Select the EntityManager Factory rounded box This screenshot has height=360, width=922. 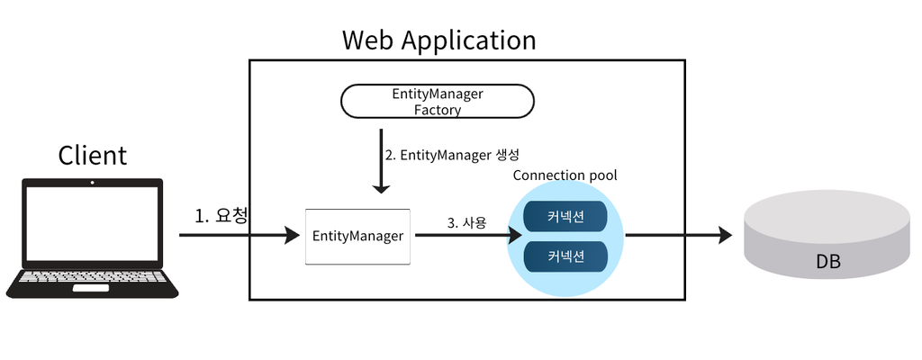(438, 101)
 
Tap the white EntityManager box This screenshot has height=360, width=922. (357, 236)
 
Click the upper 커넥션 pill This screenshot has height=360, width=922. (565, 216)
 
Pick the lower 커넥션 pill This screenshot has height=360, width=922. (565, 256)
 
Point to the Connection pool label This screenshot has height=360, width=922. (565, 175)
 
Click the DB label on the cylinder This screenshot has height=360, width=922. (828, 261)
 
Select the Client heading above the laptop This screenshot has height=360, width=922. (93, 156)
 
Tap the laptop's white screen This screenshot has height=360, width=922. (92, 223)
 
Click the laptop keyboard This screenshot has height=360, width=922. (93, 276)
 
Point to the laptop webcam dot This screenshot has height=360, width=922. (92, 183)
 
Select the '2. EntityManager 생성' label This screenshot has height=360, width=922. (452, 156)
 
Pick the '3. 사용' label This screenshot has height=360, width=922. (467, 223)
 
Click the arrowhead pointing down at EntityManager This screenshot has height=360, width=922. (381, 186)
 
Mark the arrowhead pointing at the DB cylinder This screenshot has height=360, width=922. (725, 235)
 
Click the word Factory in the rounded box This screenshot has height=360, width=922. (438, 110)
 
